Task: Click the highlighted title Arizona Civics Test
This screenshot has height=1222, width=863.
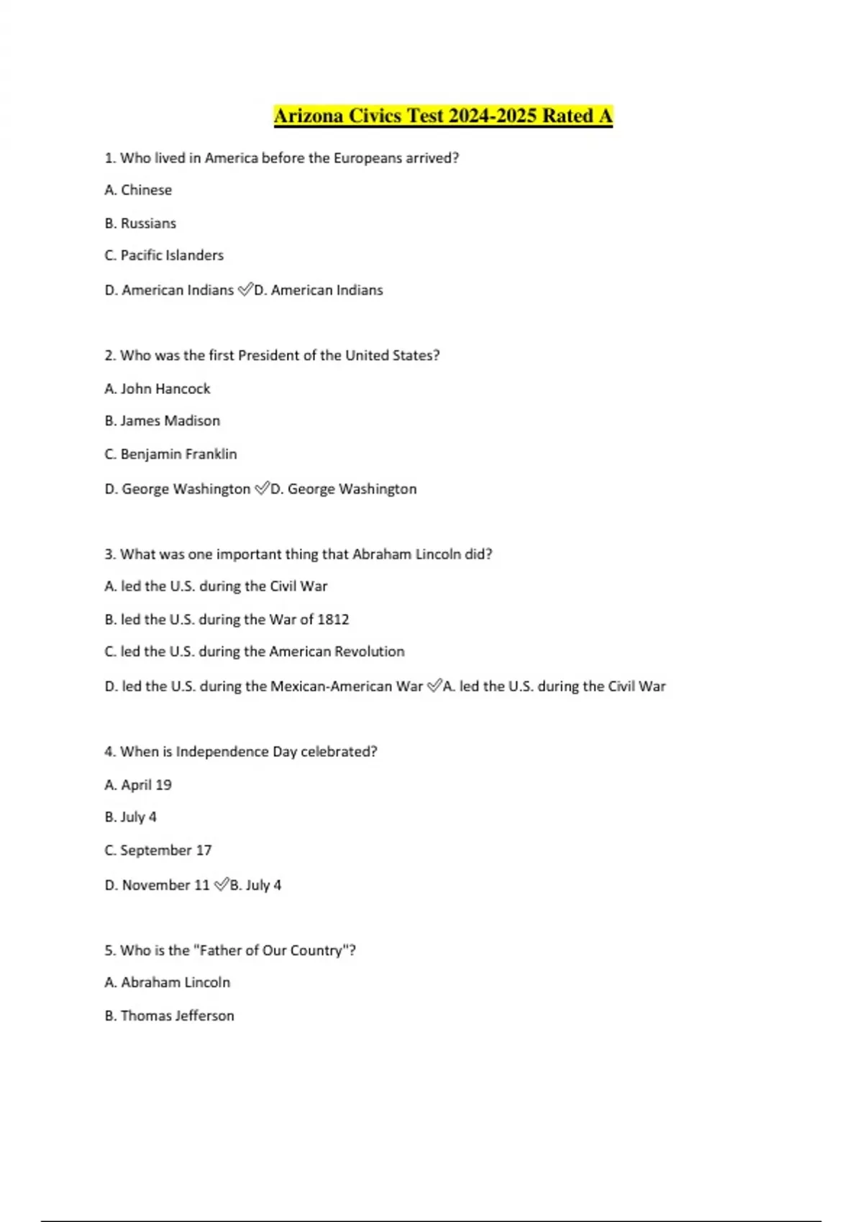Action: click(x=443, y=116)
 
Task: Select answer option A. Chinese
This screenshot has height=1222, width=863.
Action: click(x=138, y=190)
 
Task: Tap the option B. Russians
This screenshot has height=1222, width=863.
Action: click(x=140, y=223)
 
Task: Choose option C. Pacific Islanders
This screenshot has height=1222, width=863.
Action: click(x=164, y=255)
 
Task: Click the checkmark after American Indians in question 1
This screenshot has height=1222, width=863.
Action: click(x=245, y=290)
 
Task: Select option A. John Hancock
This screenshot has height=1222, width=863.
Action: click(x=157, y=388)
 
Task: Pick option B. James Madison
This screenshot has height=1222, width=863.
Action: click(x=163, y=421)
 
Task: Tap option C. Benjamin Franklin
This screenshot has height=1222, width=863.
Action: click(x=170, y=454)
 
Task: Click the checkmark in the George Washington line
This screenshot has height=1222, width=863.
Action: click(x=262, y=489)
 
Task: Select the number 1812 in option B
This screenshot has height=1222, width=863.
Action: click(x=333, y=619)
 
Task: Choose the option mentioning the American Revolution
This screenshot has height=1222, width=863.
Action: click(x=255, y=651)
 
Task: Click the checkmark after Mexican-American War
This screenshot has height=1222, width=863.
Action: click(x=434, y=686)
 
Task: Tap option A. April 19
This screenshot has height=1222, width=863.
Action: click(x=138, y=784)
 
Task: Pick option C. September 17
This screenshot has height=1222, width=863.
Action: click(x=158, y=850)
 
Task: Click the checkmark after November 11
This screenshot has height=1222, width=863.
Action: click(x=221, y=885)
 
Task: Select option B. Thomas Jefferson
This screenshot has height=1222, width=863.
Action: click(x=170, y=1015)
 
